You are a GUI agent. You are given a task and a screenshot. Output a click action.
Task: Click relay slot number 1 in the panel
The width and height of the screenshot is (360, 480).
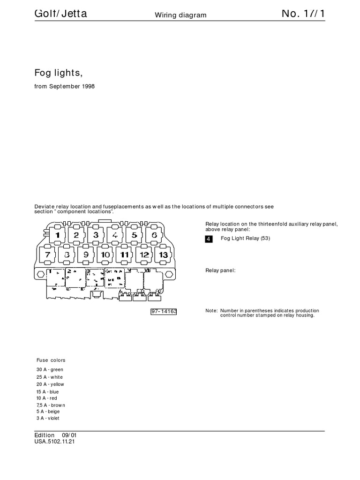[57, 235]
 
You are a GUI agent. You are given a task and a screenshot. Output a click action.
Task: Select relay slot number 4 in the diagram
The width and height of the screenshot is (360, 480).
[115, 235]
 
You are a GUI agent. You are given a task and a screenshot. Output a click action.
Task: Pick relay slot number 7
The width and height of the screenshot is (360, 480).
[48, 255]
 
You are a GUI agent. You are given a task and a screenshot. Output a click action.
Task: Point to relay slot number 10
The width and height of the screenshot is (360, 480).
[105, 255]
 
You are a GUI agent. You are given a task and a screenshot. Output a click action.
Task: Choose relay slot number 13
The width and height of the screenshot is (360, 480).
[163, 255]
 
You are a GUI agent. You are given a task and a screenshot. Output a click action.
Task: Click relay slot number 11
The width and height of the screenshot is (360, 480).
[125, 255]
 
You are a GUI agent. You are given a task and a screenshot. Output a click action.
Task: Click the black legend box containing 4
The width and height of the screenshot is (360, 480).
[209, 239]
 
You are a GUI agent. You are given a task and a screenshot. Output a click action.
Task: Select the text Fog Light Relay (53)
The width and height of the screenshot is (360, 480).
[245, 239]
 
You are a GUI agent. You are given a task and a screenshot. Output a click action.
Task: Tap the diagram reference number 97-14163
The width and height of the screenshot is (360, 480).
[164, 311]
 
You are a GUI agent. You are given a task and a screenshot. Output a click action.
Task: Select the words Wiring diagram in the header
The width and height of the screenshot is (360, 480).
[180, 15]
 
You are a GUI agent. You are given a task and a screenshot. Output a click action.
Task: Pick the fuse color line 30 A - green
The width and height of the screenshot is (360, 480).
[50, 370]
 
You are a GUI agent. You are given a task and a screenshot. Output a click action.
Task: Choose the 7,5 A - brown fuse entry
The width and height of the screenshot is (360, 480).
[51, 405]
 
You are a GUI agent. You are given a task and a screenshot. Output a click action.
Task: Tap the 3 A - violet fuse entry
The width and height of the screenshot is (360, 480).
[48, 418]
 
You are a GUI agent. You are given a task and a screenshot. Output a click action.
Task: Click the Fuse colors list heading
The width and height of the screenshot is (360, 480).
[51, 360]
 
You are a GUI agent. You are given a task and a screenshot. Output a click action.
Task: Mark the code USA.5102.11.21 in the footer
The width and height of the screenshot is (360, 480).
[54, 442]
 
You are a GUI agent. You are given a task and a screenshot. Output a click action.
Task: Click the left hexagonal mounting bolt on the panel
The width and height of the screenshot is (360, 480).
[40, 273]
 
